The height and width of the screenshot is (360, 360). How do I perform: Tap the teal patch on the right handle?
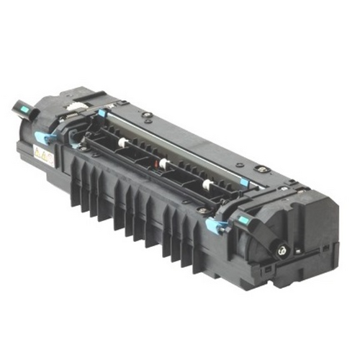coord(243,219)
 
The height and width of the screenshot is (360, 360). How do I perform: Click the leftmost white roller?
coord(123,143)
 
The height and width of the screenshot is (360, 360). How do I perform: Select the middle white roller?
coord(165,164)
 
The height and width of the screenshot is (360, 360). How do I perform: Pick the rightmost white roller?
coord(207,185)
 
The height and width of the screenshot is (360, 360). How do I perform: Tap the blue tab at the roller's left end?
coord(103,113)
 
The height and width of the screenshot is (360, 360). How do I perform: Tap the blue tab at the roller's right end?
coord(244,183)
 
